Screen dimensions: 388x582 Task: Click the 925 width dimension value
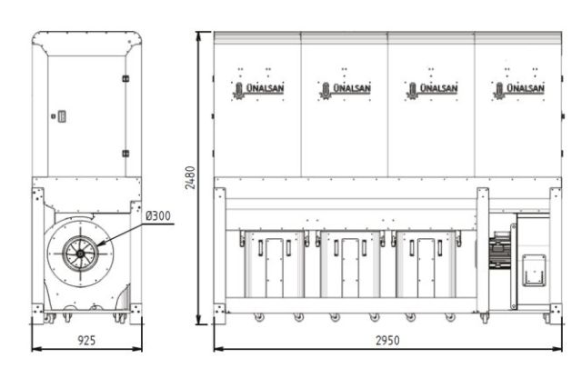(86, 339)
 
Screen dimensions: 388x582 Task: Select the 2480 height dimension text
(190, 177)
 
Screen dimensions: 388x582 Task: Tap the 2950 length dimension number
(388, 339)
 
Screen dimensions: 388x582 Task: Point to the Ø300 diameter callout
(158, 216)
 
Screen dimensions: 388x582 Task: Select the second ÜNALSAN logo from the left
(343, 90)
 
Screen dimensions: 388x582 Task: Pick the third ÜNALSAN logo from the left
(431, 90)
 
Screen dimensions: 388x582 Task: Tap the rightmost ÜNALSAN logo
(518, 90)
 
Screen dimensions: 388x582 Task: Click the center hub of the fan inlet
(79, 252)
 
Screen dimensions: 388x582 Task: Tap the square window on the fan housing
(533, 270)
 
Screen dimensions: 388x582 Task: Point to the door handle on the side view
(61, 116)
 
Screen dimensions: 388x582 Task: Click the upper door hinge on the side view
(125, 79)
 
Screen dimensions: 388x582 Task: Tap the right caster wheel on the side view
(119, 318)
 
